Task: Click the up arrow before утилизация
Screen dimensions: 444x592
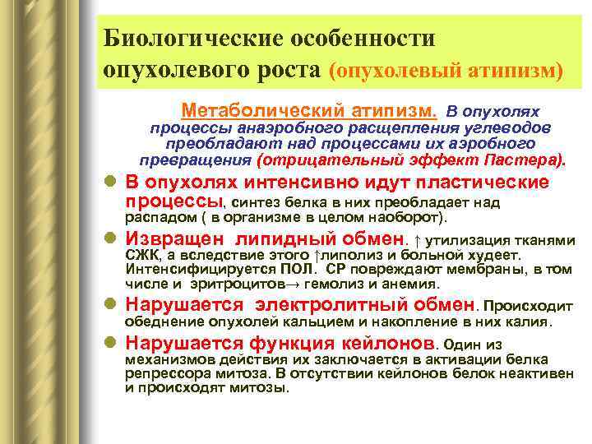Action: tap(418, 240)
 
